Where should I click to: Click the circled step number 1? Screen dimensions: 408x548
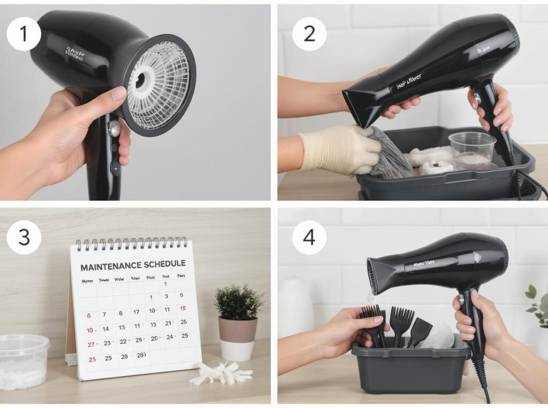[24, 34]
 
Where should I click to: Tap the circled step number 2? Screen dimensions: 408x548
[309, 34]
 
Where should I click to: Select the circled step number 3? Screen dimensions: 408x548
[24, 236]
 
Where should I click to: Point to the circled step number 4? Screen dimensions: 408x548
[309, 236]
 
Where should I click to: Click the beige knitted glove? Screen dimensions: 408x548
[338, 150]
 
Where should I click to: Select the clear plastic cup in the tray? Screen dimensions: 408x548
[471, 151]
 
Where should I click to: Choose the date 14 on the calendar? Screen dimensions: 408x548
[106, 329]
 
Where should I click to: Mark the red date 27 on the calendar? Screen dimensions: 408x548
[90, 344]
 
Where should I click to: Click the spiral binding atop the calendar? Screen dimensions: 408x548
[132, 244]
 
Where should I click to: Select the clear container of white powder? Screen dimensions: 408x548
[24, 361]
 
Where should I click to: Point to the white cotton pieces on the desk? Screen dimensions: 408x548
[219, 373]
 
